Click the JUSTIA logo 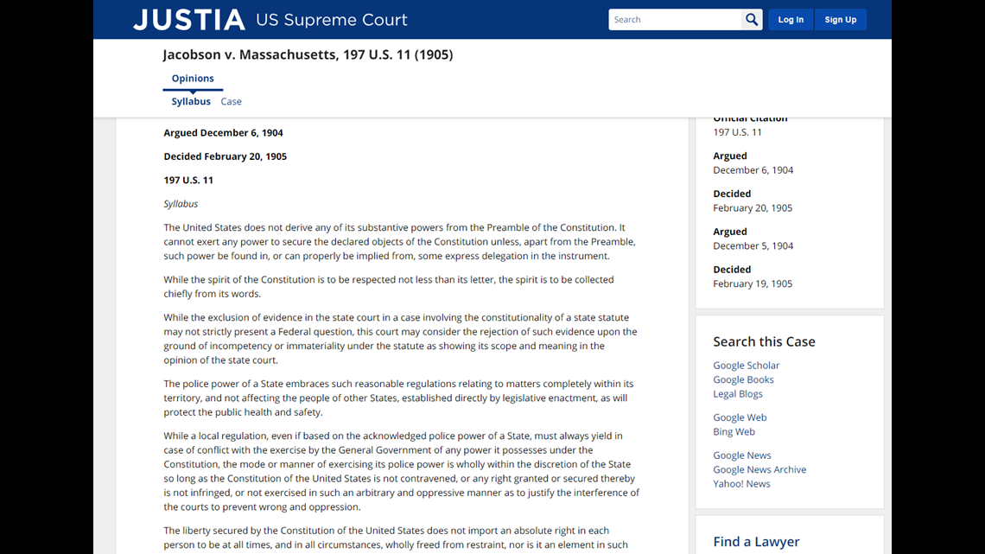pyautogui.click(x=189, y=20)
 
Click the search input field pyautogui.click(x=675, y=20)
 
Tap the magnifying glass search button pyautogui.click(x=752, y=20)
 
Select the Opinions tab pyautogui.click(x=193, y=79)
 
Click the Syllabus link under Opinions pyautogui.click(x=191, y=102)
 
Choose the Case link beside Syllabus pyautogui.click(x=231, y=102)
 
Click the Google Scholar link pyautogui.click(x=746, y=366)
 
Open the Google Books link pyautogui.click(x=743, y=379)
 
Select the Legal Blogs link pyautogui.click(x=738, y=394)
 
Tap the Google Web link pyautogui.click(x=740, y=417)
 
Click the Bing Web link pyautogui.click(x=734, y=432)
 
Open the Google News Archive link pyautogui.click(x=759, y=470)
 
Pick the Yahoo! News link pyautogui.click(x=741, y=484)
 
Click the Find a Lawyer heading pyautogui.click(x=756, y=542)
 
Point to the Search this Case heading pyautogui.click(x=764, y=341)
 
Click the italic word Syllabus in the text pyautogui.click(x=181, y=204)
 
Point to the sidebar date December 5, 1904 pyautogui.click(x=753, y=246)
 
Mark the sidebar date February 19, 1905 pyautogui.click(x=753, y=283)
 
